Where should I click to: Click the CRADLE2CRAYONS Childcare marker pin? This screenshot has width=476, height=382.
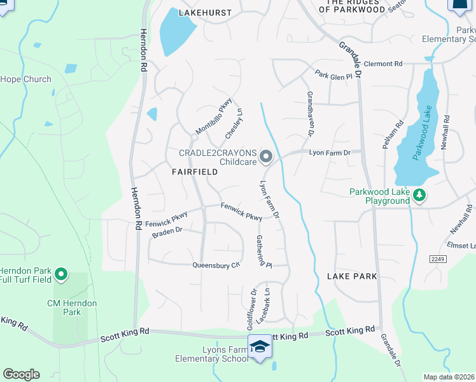266,156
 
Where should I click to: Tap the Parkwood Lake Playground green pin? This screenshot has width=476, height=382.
419,195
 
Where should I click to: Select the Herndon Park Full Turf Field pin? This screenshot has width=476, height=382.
61,274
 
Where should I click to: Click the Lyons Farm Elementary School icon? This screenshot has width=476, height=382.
259,346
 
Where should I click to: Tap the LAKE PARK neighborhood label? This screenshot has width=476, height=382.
352,276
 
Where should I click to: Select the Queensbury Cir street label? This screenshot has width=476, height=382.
216,265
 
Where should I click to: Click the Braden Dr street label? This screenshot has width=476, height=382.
167,232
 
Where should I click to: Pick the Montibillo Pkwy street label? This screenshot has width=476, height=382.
214,117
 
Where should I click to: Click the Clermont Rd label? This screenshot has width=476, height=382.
384,64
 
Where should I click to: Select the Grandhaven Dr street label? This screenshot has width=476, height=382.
311,113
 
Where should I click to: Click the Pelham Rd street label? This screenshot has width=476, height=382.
393,135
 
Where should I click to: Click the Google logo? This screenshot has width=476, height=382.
21,374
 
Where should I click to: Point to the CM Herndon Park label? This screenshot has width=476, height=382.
73,308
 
